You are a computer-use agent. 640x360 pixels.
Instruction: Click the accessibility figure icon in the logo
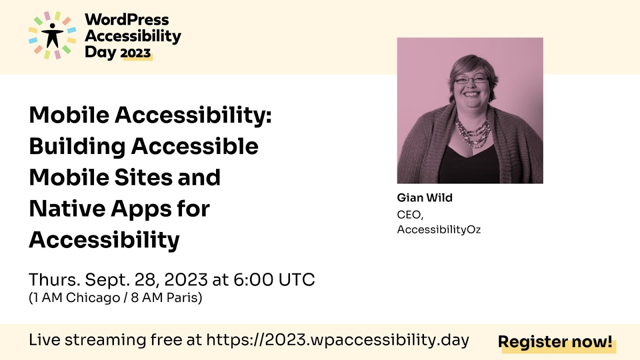(x=52, y=35)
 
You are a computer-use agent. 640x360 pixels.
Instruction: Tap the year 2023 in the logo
(x=136, y=53)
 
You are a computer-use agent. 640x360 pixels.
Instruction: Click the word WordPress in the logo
(x=127, y=20)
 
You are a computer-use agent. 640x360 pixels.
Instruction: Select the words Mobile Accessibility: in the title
(x=150, y=115)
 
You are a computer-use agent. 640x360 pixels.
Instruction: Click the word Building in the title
(x=76, y=146)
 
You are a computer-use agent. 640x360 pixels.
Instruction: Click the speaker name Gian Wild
(x=424, y=198)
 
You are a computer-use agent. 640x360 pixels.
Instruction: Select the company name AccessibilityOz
(x=438, y=229)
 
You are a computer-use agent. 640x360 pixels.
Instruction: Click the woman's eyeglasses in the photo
(x=470, y=79)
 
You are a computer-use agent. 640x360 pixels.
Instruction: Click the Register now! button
(x=555, y=342)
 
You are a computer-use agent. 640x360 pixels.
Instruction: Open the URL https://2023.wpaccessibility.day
(x=337, y=340)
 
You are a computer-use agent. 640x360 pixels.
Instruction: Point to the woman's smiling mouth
(x=472, y=94)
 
